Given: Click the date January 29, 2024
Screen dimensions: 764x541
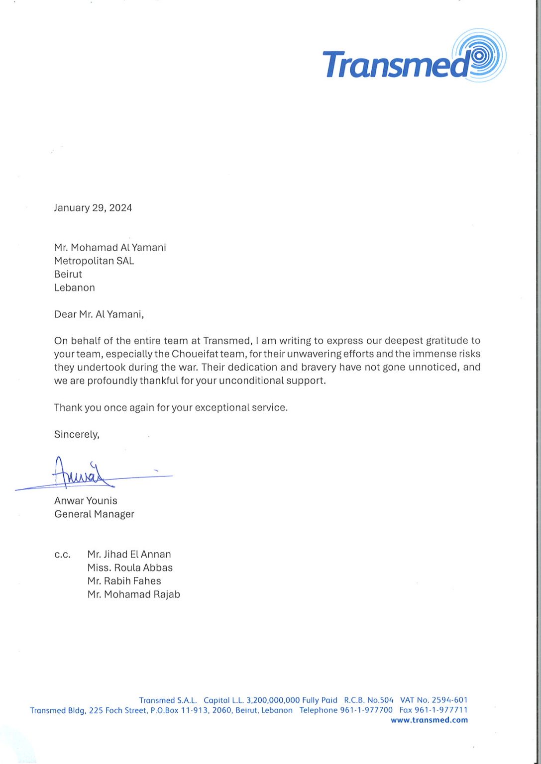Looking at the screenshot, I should pos(93,208).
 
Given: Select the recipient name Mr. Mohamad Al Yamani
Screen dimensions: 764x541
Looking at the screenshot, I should pos(110,248).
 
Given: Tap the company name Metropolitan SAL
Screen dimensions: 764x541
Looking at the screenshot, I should pos(94,261).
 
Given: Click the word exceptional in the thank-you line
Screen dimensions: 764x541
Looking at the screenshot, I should pos(222,408).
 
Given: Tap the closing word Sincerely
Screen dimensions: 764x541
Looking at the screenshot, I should pos(76,434).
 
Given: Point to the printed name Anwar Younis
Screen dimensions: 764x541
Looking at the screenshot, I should pos(86,501).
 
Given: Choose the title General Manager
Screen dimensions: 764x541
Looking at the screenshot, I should pos(94,514).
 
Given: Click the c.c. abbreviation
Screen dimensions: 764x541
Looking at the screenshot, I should pos(62,555).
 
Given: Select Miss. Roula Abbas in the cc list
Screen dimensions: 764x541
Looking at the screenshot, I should pos(130,568).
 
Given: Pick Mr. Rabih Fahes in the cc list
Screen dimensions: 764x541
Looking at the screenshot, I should pos(124,581).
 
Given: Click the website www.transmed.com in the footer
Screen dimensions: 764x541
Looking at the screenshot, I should pos(429,720).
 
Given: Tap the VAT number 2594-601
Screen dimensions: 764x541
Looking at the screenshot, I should pos(449,700).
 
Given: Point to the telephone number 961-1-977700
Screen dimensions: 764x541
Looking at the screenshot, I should pos(366,710).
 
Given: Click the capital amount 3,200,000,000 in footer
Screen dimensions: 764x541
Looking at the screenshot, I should pos(273,700).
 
